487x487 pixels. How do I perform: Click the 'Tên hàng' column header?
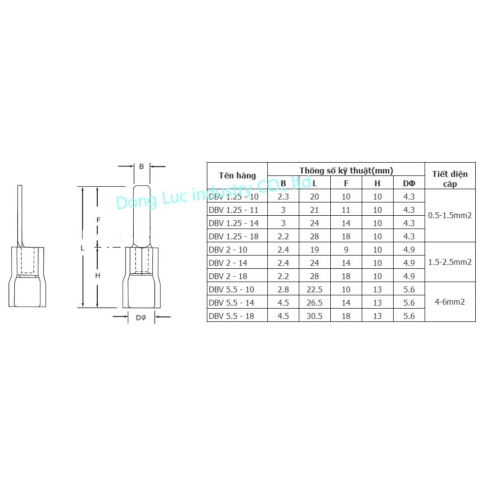[x=237, y=175]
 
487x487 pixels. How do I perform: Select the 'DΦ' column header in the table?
[x=409, y=183]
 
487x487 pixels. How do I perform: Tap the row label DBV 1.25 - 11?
[x=233, y=210]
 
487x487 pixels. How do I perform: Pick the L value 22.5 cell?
[x=315, y=289]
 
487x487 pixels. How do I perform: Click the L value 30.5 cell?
[x=315, y=316]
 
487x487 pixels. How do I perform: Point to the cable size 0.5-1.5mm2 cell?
[x=450, y=215]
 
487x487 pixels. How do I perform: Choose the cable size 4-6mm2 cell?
[x=450, y=302]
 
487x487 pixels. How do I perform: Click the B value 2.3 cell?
[x=283, y=197]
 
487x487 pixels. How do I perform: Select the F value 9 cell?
[x=346, y=250]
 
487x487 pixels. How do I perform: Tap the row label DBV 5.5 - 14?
[x=231, y=303]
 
